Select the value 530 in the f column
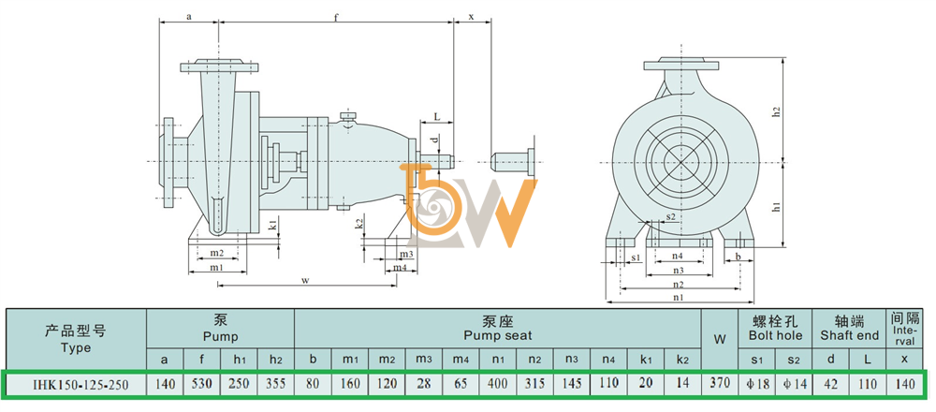202,383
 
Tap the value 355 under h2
275,383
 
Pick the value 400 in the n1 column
498,383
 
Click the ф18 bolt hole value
757,383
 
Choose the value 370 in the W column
720,383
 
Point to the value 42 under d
831,383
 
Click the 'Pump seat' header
498,329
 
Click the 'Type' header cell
76,339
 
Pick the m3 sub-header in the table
423,359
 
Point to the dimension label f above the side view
336,17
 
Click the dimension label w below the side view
305,279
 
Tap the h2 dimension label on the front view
777,111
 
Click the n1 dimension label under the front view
678,297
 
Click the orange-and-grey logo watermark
466,205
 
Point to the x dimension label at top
471,17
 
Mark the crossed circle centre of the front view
681,161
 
